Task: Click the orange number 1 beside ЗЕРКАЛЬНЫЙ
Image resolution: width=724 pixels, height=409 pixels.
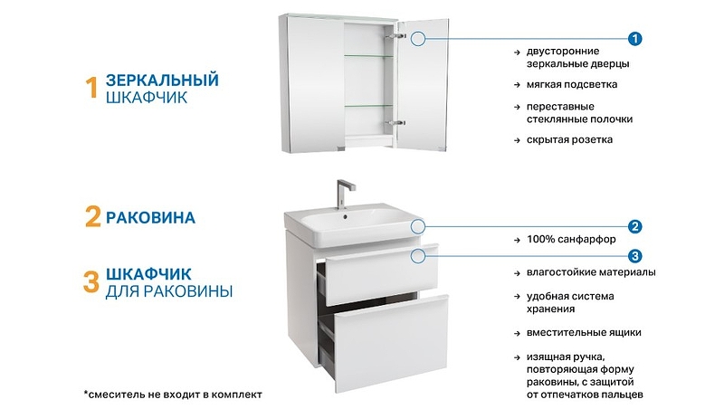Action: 92,88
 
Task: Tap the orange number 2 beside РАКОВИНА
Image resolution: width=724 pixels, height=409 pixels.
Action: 93,216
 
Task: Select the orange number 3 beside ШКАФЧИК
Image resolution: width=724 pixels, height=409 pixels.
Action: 91,282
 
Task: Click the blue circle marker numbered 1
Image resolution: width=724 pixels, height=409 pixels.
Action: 635,39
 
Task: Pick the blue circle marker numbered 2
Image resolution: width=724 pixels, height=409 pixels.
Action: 635,226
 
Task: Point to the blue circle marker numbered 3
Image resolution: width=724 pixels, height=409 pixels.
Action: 635,256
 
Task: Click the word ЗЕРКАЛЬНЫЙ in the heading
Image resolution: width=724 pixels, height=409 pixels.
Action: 162,80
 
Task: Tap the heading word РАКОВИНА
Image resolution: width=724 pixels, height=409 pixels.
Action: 150,217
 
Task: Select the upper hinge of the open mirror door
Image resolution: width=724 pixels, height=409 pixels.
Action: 396,35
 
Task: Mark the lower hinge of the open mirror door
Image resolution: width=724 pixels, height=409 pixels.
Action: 396,123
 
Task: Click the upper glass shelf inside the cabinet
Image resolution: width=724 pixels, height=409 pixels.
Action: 368,56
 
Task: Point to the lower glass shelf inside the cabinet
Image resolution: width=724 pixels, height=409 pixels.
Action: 368,106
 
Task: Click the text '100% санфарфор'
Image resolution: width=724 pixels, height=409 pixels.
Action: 571,239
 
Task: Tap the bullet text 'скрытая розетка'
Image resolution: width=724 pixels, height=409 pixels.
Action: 569,139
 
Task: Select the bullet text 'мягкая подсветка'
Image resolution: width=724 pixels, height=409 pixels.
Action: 572,84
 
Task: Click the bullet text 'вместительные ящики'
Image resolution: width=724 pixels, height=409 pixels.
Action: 584,332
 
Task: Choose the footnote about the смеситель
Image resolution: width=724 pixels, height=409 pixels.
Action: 173,395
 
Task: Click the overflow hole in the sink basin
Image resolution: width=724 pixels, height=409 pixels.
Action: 345,216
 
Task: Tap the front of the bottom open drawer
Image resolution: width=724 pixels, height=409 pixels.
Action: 391,344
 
